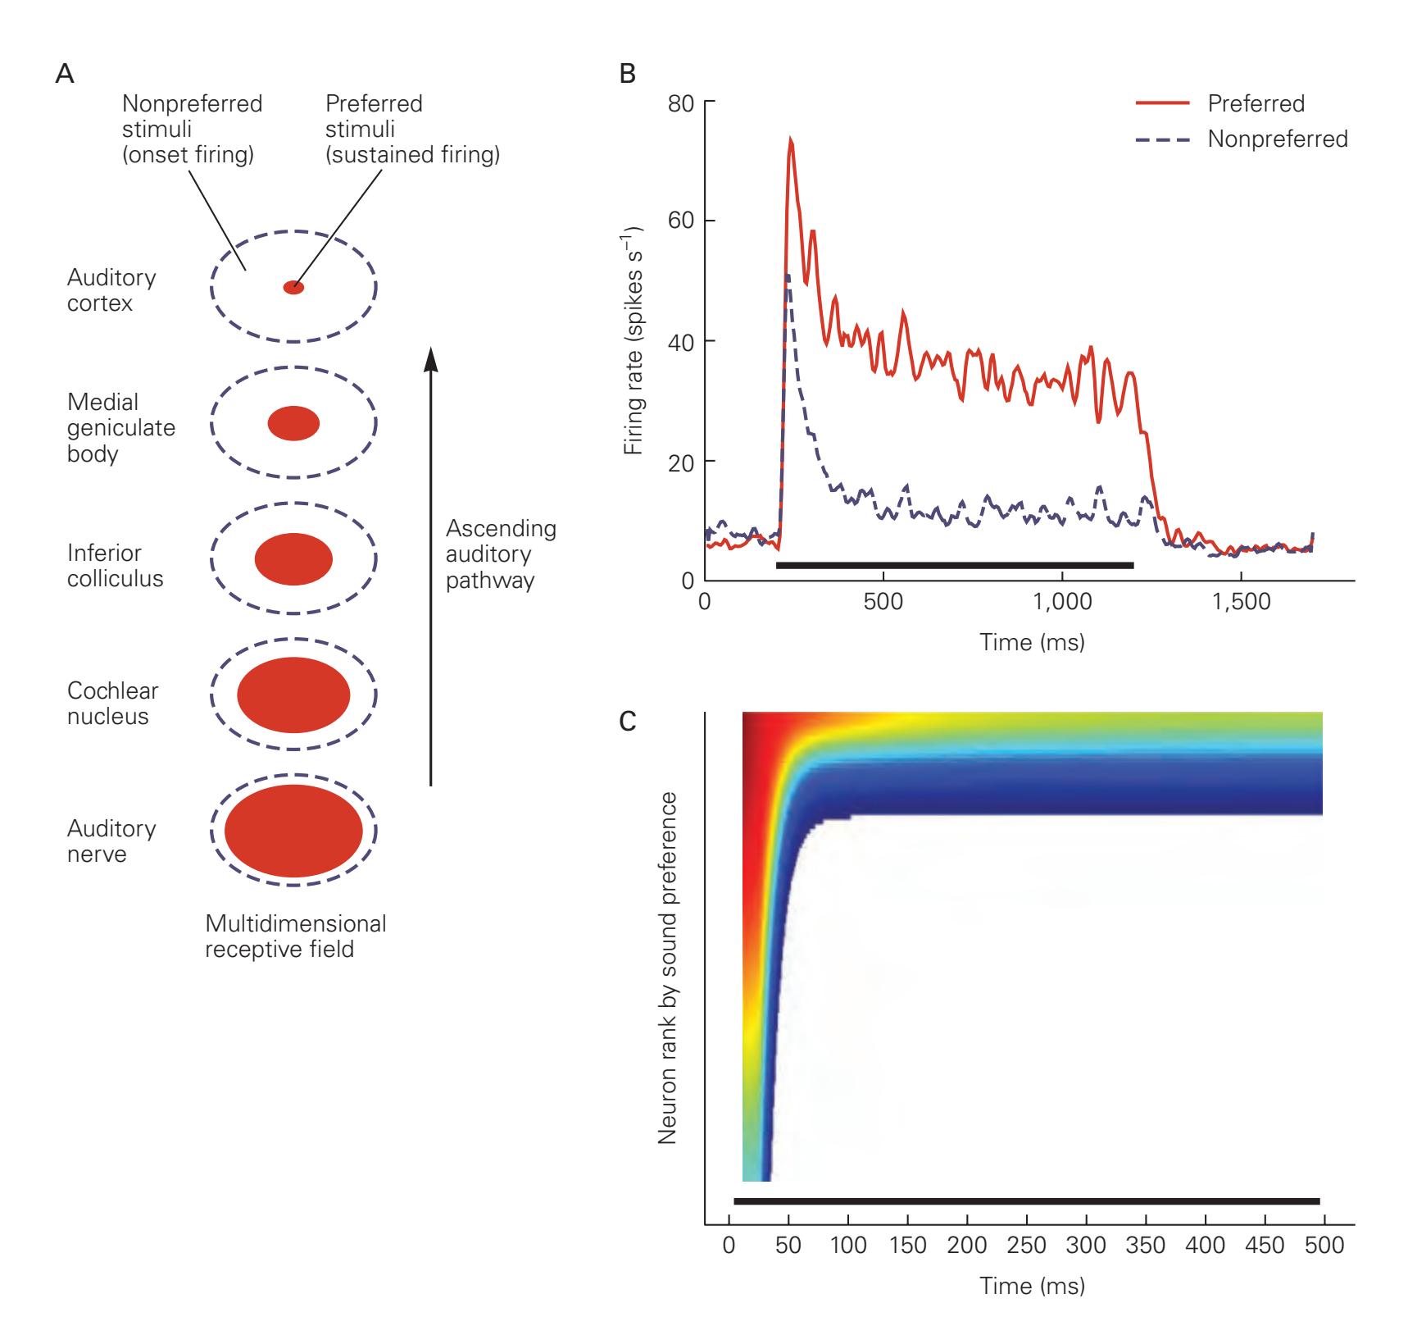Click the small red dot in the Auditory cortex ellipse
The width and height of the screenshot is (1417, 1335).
coord(293,288)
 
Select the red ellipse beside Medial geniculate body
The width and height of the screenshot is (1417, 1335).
coord(293,424)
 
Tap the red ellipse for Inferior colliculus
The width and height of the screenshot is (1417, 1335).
coord(293,559)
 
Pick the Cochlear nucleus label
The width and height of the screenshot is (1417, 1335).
coord(112,703)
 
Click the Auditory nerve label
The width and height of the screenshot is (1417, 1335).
coord(111,841)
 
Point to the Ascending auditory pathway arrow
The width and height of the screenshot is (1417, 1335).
coord(430,566)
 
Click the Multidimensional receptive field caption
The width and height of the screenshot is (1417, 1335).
coord(295,936)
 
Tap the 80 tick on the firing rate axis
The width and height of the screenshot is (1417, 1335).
coord(684,103)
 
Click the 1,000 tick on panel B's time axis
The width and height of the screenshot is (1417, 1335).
coord(1061,602)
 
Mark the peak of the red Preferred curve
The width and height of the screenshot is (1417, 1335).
coord(791,139)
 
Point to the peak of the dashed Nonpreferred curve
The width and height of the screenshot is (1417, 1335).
coord(787,276)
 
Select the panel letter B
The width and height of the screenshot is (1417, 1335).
coord(628,75)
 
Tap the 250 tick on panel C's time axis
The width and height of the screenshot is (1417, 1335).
coord(1027,1246)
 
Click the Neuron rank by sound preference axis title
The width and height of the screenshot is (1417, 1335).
coord(668,968)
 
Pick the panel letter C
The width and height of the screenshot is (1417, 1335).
coord(628,722)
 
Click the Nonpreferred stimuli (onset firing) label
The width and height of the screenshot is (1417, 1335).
coord(192,129)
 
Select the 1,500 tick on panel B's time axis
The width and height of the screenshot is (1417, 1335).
coord(1240,602)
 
